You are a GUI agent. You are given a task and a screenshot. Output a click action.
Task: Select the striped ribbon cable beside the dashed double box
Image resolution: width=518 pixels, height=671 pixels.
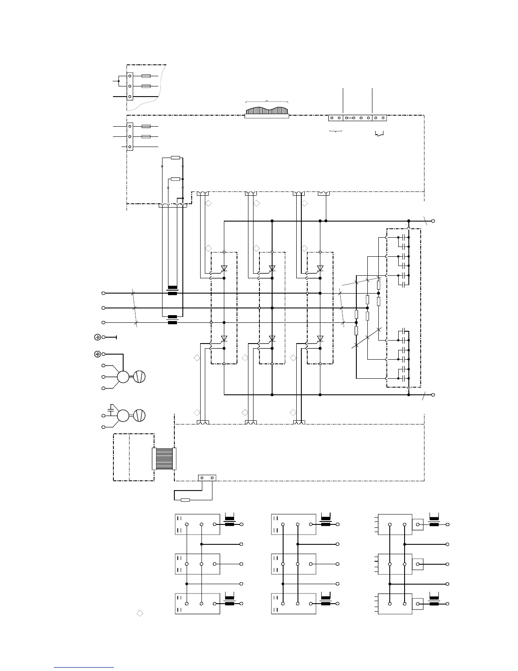164,459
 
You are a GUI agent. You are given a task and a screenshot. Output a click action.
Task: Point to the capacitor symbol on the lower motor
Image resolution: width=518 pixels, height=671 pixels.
111,409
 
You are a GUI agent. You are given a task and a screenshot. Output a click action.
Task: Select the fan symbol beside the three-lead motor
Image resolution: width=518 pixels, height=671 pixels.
140,377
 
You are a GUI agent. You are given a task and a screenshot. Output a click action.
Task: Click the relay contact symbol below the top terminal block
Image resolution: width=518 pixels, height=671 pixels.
380,134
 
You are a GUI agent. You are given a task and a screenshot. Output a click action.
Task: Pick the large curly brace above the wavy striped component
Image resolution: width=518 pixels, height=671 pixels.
267,102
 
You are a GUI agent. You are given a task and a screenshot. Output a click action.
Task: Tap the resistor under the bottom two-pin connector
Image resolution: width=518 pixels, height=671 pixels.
185,500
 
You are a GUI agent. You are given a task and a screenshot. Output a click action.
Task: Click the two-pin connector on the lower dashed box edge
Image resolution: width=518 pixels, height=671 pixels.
207,478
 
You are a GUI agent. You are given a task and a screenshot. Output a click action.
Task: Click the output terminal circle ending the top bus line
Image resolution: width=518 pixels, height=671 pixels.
433,221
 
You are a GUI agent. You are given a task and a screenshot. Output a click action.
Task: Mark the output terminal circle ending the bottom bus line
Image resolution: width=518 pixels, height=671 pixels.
433,395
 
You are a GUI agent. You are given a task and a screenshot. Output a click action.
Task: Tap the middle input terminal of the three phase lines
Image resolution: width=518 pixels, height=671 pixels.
103,308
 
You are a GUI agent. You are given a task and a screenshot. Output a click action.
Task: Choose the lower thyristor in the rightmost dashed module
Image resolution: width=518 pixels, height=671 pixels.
320,338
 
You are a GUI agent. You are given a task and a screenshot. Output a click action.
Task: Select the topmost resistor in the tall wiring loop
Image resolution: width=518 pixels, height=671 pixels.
176,158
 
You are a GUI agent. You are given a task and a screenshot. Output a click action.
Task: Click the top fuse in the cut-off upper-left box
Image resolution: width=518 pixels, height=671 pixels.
146,76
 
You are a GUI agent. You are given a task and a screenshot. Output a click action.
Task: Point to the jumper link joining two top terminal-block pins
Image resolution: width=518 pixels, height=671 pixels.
350,118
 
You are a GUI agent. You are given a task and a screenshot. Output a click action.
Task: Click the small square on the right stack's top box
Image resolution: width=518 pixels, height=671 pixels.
418,524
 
